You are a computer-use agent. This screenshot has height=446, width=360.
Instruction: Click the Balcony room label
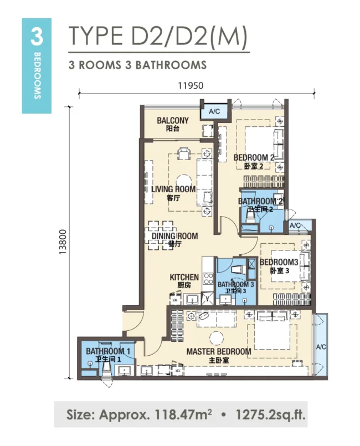coord(173,120)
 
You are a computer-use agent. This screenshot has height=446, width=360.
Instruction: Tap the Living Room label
coord(173,189)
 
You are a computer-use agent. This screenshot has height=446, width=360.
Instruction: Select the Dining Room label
coord(174,236)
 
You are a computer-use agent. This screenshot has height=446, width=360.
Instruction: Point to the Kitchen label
coord(184,277)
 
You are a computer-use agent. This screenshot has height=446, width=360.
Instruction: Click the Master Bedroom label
coord(219,352)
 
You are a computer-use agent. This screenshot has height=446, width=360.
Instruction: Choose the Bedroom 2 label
coord(254,157)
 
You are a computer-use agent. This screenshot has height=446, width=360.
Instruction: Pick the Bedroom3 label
coord(279,262)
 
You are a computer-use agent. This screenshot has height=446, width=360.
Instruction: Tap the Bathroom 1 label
coord(108,351)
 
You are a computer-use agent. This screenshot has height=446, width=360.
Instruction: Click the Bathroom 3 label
coord(235,284)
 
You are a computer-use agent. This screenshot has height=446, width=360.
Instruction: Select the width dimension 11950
coord(191,86)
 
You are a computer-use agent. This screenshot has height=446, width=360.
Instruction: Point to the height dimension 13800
coord(63,242)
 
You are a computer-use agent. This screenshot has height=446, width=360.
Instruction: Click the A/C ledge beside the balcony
coord(214,111)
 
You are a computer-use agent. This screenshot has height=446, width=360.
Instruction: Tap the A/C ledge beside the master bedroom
coord(320,347)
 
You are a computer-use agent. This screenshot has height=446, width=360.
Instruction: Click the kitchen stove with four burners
coord(208,279)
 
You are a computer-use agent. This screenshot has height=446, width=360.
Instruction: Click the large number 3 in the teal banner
coord(37,37)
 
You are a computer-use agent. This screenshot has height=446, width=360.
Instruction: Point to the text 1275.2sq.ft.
coord(270,415)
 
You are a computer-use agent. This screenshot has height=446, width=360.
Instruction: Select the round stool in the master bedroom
coord(217,338)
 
